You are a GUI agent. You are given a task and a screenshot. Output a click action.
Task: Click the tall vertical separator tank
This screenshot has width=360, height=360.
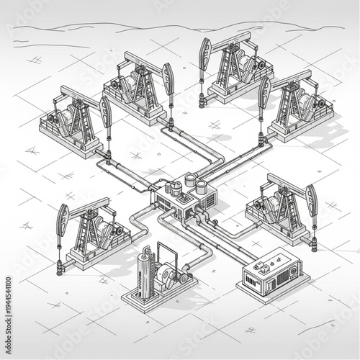[x=147, y=273]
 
